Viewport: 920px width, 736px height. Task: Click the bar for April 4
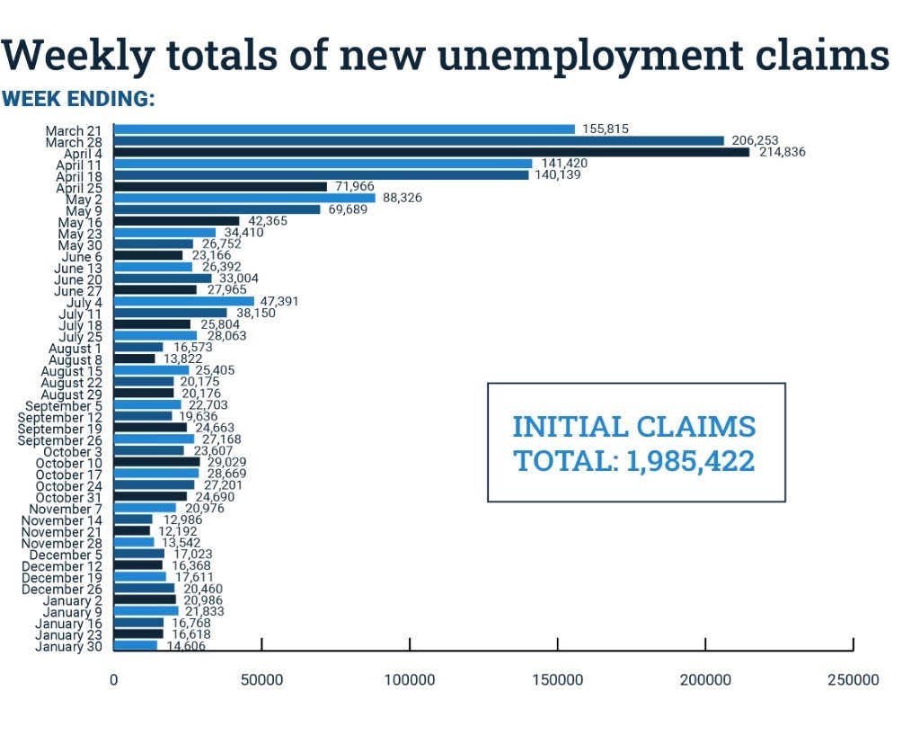click(431, 152)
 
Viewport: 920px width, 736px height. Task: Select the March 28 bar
click(419, 140)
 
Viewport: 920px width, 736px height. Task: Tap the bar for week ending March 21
click(344, 129)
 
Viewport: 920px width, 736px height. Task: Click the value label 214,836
click(781, 152)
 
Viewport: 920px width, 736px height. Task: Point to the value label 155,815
click(605, 129)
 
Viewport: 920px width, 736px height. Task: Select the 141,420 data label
click(563, 164)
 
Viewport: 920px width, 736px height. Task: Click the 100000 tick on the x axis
click(410, 680)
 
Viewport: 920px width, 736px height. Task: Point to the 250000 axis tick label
click(853, 680)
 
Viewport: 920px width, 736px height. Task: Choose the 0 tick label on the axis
click(114, 680)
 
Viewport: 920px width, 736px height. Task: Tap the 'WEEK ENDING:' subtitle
click(79, 99)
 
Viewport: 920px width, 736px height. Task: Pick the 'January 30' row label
click(70, 646)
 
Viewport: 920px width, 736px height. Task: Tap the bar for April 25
click(220, 186)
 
